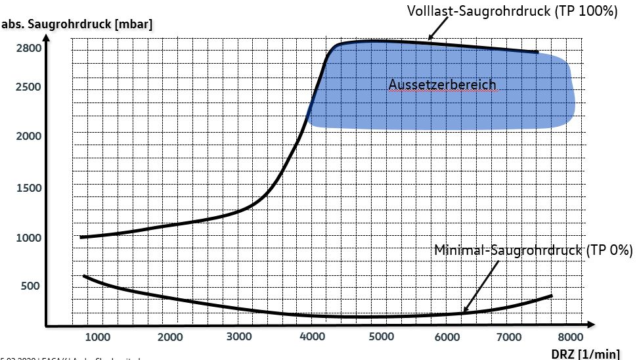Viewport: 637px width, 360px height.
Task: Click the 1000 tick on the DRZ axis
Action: click(x=98, y=337)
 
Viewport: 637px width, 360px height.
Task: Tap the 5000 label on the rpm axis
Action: click(x=380, y=337)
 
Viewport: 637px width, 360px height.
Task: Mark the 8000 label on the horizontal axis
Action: click(x=570, y=337)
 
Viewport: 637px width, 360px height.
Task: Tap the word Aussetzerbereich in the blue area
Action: click(x=442, y=85)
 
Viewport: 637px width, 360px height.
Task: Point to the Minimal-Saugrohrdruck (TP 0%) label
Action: click(x=533, y=250)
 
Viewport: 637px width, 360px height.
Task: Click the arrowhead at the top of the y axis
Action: click(x=45, y=34)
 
